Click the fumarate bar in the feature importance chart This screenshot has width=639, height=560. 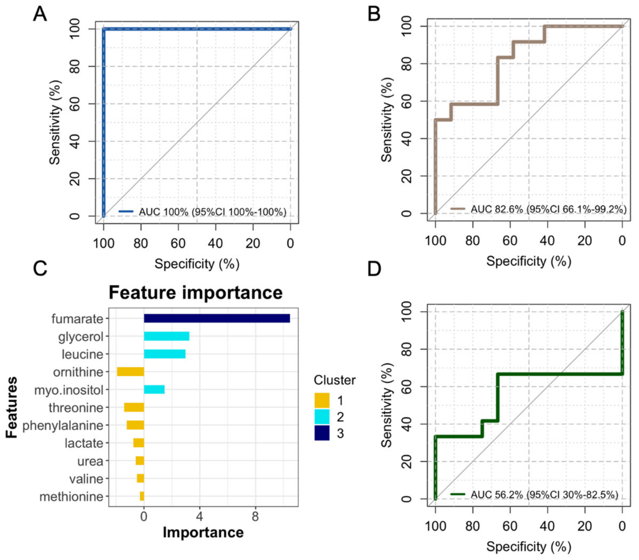216,319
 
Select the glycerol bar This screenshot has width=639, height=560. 166,336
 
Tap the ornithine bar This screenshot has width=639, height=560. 130,372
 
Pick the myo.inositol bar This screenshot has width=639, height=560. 154,390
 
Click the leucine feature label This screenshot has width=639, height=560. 82,354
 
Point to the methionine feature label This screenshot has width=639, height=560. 71,496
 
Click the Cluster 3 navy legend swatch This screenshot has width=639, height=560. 321,433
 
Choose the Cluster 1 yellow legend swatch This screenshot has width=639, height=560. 321,400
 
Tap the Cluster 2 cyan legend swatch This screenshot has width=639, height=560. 321,417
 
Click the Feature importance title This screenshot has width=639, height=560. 196,293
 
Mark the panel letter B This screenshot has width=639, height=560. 374,14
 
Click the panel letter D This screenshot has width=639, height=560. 374,269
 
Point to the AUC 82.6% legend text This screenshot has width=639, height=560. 548,209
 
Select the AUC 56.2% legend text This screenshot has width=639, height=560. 544,495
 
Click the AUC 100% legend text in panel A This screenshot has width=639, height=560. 212,212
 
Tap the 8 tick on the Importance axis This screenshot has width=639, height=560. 255,517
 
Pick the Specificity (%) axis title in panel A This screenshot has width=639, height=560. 197,264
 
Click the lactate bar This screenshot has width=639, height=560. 139,443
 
